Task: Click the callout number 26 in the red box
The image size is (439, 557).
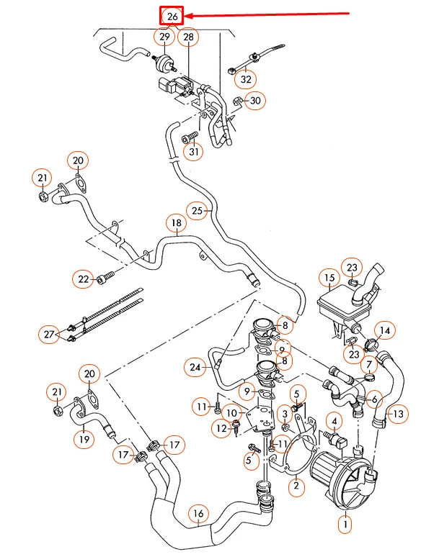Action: pos(172,15)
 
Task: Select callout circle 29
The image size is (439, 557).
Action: pos(164,37)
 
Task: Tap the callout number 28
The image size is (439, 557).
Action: pos(188,37)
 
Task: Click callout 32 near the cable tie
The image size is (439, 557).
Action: pos(247,79)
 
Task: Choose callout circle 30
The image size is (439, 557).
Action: pos(255,101)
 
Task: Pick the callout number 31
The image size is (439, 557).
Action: pos(193,152)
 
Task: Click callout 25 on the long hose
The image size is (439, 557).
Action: pos(199,210)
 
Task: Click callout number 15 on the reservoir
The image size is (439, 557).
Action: pos(329,278)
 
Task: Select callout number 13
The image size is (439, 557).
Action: pos(397,414)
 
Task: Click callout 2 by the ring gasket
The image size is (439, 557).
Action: pos(294,487)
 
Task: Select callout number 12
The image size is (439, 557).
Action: pos(221,429)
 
